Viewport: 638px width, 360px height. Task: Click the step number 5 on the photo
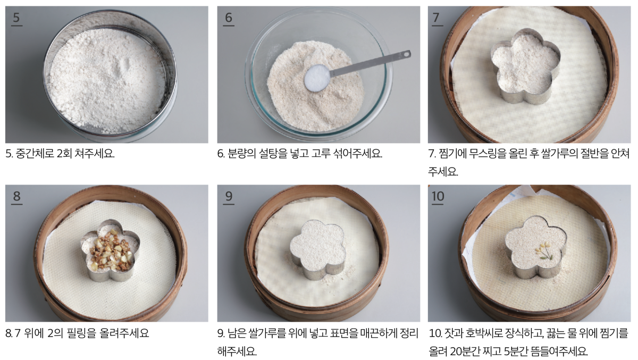pyautogui.click(x=16, y=18)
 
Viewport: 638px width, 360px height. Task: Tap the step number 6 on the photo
pyautogui.click(x=229, y=18)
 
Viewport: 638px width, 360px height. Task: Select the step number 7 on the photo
pyautogui.click(x=436, y=18)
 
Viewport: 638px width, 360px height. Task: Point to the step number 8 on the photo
pyautogui.click(x=17, y=196)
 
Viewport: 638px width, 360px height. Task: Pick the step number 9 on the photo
pyautogui.click(x=229, y=196)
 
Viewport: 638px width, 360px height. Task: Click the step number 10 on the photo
pyautogui.click(x=438, y=196)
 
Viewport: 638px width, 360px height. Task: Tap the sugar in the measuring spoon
pyautogui.click(x=317, y=78)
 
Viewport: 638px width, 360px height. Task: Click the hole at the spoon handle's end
pyautogui.click(x=406, y=53)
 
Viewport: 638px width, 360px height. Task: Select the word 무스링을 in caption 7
pyautogui.click(x=488, y=154)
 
